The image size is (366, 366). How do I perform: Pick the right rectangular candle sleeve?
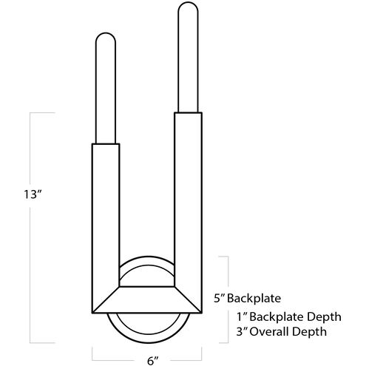pos(188,200)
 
